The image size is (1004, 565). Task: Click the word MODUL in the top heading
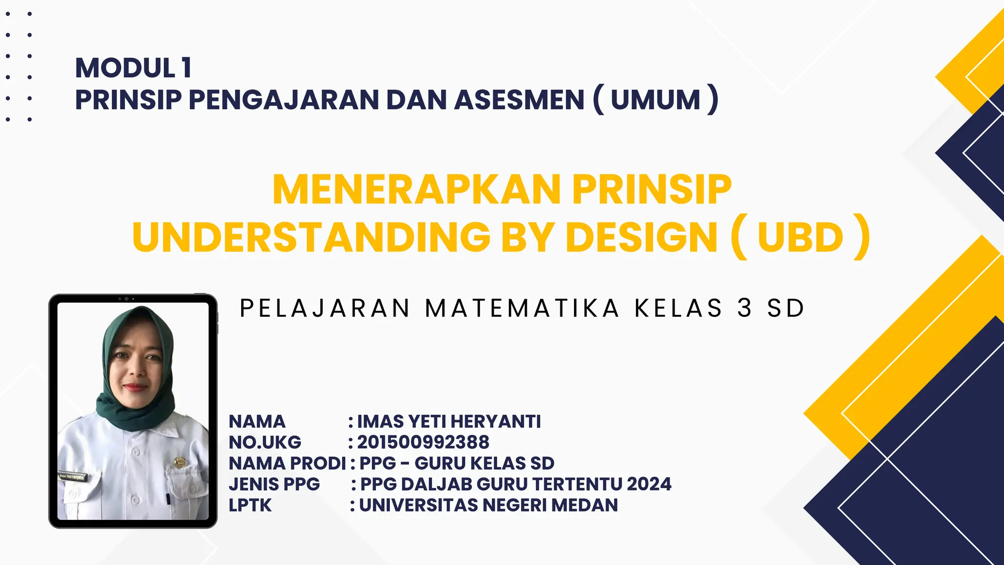(x=125, y=68)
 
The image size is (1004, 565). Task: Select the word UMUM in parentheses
(x=655, y=100)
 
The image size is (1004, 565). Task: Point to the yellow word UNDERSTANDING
(x=311, y=237)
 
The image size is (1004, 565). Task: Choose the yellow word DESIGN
(x=642, y=237)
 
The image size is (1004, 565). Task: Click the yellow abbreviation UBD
(x=800, y=237)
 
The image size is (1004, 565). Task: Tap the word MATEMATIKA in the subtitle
(x=522, y=308)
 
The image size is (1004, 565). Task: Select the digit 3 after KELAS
(x=745, y=308)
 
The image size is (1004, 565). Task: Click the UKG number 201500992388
(x=423, y=442)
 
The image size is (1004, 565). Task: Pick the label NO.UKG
(x=265, y=442)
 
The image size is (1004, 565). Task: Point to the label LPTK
(x=250, y=505)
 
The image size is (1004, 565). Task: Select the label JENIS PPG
(x=274, y=484)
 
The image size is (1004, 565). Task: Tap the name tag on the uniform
(x=72, y=476)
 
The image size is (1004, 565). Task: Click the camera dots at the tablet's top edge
(x=126, y=299)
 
